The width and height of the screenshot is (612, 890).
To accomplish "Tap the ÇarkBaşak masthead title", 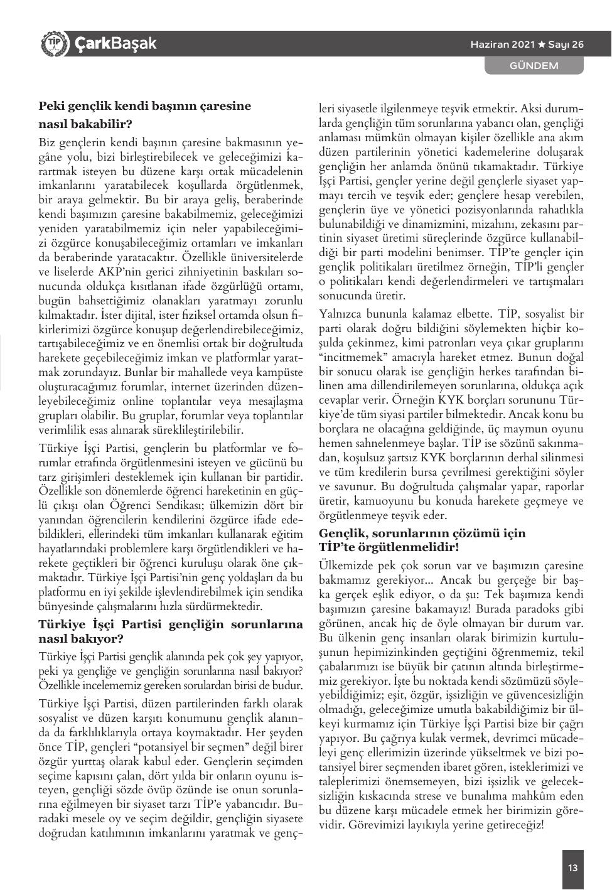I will click(115, 43).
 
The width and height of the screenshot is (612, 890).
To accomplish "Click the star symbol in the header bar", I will click(540, 45).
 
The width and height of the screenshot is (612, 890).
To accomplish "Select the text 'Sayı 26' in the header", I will click(566, 45).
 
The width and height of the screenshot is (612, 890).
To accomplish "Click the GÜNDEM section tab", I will click(534, 65).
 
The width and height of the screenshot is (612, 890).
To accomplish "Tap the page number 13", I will click(572, 868).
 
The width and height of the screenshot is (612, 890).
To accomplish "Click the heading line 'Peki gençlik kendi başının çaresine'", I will click(144, 106).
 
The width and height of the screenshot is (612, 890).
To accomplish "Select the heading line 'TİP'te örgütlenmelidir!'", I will click(389, 547).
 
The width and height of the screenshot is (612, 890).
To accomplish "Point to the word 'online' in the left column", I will click(132, 401).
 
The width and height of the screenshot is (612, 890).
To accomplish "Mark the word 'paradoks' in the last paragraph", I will click(540, 608).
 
